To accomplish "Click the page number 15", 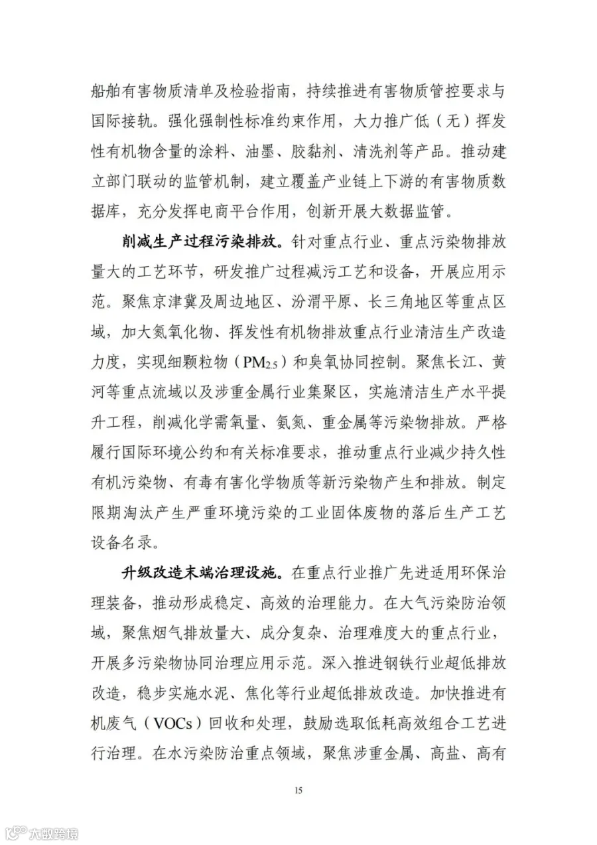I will (298, 789).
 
